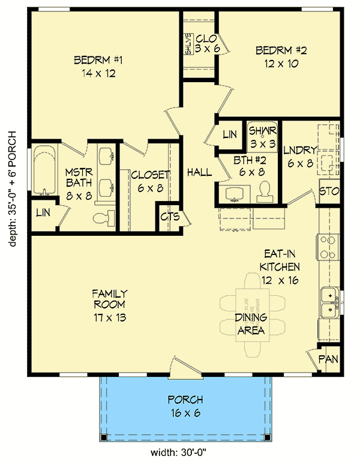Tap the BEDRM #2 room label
point(281,56)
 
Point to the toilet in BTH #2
point(265,191)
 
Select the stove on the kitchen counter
point(328,247)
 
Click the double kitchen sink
point(328,302)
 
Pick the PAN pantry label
point(328,359)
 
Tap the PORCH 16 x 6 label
point(185,405)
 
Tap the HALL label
point(199,172)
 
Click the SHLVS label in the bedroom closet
point(188,44)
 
